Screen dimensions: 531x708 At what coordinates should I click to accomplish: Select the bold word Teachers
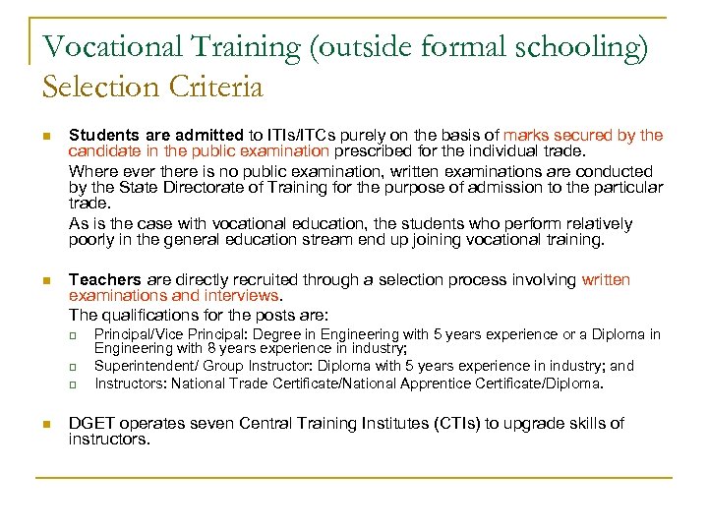[104, 280]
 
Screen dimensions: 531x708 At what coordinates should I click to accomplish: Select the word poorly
[92, 240]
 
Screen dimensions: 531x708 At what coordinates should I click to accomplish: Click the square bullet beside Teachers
[46, 281]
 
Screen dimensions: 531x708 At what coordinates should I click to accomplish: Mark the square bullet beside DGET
[46, 425]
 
